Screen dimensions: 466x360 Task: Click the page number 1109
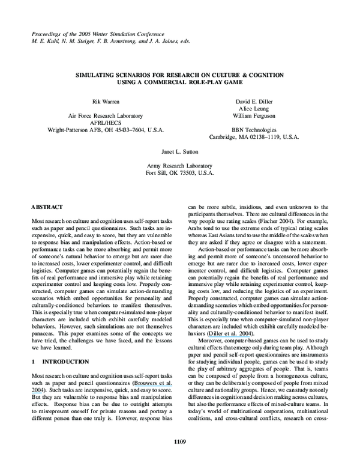[x=180, y=443]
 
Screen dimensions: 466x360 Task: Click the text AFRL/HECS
[x=105, y=122]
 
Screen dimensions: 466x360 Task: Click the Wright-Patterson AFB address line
[x=105, y=129]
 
